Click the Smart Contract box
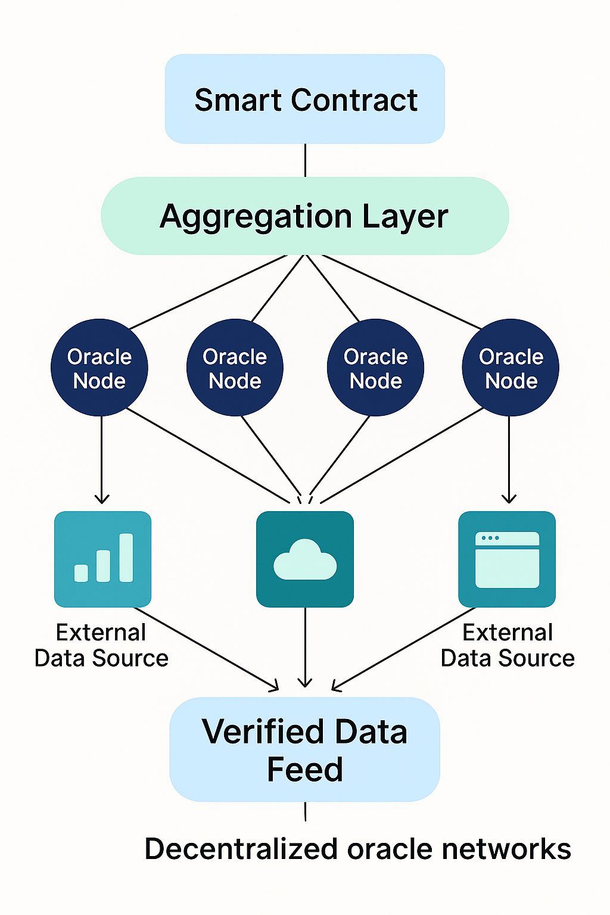pos(304,99)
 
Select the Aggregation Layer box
pos(304,216)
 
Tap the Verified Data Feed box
pos(304,749)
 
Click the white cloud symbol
pos(305,561)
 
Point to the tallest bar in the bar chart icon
pos(126,557)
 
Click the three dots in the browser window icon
pos(490,538)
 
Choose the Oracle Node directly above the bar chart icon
pos(99,368)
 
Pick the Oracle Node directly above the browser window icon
pos(511,368)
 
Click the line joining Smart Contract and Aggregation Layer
pos(305,160)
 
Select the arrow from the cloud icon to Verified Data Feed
pos(305,649)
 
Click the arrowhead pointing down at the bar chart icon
pos(102,498)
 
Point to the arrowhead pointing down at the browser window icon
pos(509,498)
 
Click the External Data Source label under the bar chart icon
pos(101,645)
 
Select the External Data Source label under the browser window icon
pos(508,645)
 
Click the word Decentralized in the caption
pos(241,849)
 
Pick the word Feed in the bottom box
pos(304,769)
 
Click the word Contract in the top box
pos(354,99)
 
